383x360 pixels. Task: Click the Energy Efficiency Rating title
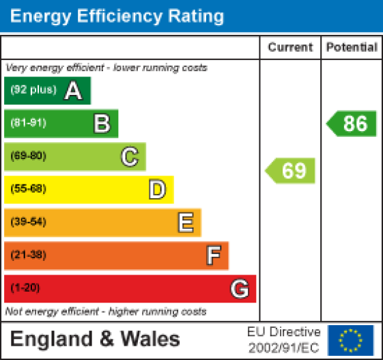117,16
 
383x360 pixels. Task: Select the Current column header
290,47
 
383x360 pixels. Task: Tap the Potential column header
352,47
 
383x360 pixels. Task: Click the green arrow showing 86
352,124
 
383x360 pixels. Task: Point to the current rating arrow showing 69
292,170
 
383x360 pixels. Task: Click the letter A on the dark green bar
73,91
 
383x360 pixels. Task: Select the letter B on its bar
101,124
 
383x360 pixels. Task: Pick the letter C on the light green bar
129,156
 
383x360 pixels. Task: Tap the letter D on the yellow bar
157,189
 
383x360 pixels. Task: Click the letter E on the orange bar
185,222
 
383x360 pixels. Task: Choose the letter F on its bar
213,255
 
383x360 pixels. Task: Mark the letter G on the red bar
239,289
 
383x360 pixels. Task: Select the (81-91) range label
28,124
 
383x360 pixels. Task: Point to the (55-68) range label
28,189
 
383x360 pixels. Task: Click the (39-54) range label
28,222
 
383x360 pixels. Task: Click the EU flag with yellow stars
351,340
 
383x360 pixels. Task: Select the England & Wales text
95,339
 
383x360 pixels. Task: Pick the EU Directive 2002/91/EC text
283,340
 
